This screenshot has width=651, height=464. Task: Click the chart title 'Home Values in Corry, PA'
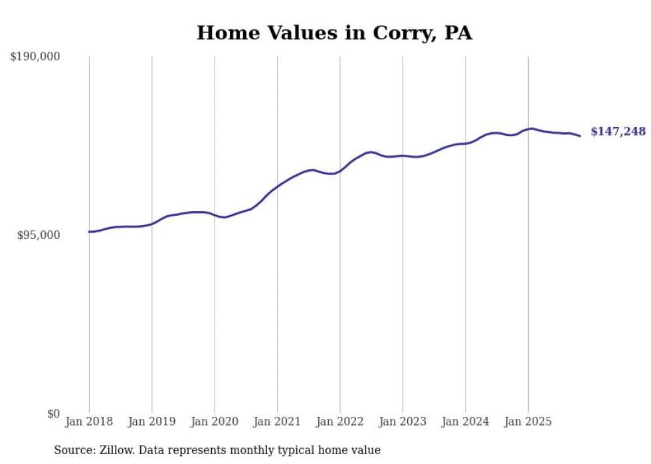coord(334,33)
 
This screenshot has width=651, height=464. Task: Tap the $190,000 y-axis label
coord(35,56)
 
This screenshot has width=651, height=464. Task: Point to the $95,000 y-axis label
coord(39,235)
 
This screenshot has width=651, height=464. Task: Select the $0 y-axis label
coord(53,414)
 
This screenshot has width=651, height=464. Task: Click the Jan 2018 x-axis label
coord(89,422)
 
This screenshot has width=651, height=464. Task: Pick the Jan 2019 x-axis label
coord(151,422)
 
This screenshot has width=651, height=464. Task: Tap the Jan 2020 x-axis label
coord(215,422)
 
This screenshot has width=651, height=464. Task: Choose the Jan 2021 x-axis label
coord(277,422)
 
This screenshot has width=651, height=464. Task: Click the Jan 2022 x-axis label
coord(340,422)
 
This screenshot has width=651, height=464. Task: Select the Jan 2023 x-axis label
coord(403,422)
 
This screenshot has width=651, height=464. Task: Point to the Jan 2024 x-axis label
coord(465,422)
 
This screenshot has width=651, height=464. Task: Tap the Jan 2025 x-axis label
coord(528,422)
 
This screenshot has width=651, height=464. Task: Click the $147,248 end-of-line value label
coord(618,131)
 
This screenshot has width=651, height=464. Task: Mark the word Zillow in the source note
coord(114,450)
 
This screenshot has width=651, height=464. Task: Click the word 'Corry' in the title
coord(402,33)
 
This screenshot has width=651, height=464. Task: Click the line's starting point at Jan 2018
coord(89,232)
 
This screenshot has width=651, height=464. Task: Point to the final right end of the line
coord(580,136)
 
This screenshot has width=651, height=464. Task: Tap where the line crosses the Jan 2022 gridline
coord(340,171)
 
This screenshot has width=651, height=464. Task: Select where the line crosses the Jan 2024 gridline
coord(465,143)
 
